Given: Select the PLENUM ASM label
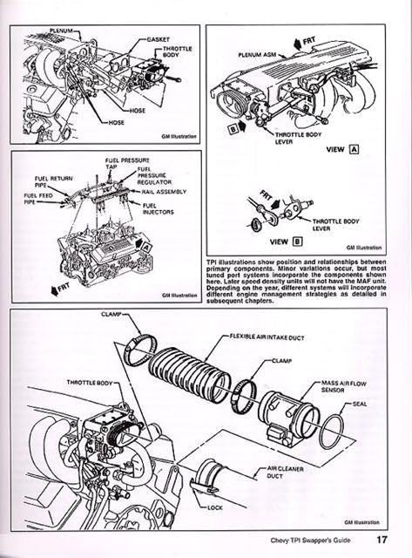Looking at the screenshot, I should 254,54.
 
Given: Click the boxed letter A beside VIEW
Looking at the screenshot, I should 353,150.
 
